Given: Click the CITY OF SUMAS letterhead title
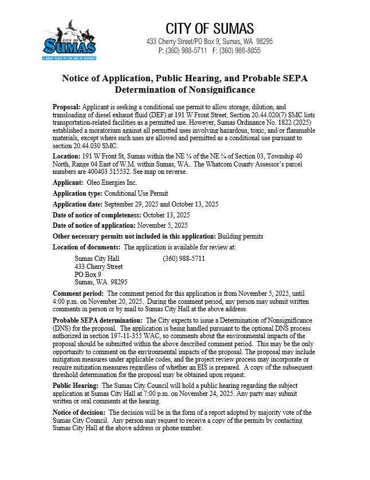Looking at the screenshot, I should click(210, 29).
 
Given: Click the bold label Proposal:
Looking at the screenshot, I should click(66, 107).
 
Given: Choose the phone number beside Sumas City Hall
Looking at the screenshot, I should click(184, 259).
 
